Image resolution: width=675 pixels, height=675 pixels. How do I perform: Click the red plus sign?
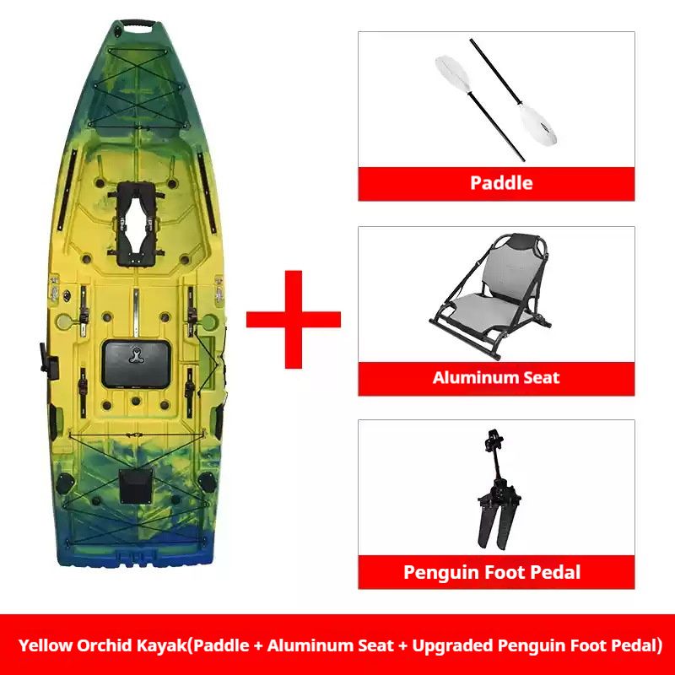coord(293,320)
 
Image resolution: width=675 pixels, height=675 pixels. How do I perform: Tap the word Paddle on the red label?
coord(501,183)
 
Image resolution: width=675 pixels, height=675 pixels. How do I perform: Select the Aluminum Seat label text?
coord(496,377)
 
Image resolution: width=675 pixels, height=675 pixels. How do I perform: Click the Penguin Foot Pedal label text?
coord(492,572)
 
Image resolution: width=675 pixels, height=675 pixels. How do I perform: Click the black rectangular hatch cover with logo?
coord(136,364)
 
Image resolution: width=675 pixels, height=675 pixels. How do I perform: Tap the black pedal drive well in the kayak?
coord(136,224)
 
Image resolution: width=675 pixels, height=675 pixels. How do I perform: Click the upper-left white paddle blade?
coord(452,73)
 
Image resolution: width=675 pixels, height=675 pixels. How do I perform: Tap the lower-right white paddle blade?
coord(537,124)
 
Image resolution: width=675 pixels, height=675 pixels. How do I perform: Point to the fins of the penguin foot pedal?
coord(496,523)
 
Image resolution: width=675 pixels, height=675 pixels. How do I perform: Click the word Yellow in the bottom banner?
coord(46,645)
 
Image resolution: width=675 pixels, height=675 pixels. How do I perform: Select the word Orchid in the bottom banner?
coord(104,645)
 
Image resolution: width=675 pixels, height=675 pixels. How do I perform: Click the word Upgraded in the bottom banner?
coord(452,646)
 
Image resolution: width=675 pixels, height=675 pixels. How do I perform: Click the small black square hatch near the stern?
coord(136,487)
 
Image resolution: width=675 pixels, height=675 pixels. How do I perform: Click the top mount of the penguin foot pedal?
coord(494,440)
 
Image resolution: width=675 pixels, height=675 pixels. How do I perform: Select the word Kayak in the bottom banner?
coord(161,646)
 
